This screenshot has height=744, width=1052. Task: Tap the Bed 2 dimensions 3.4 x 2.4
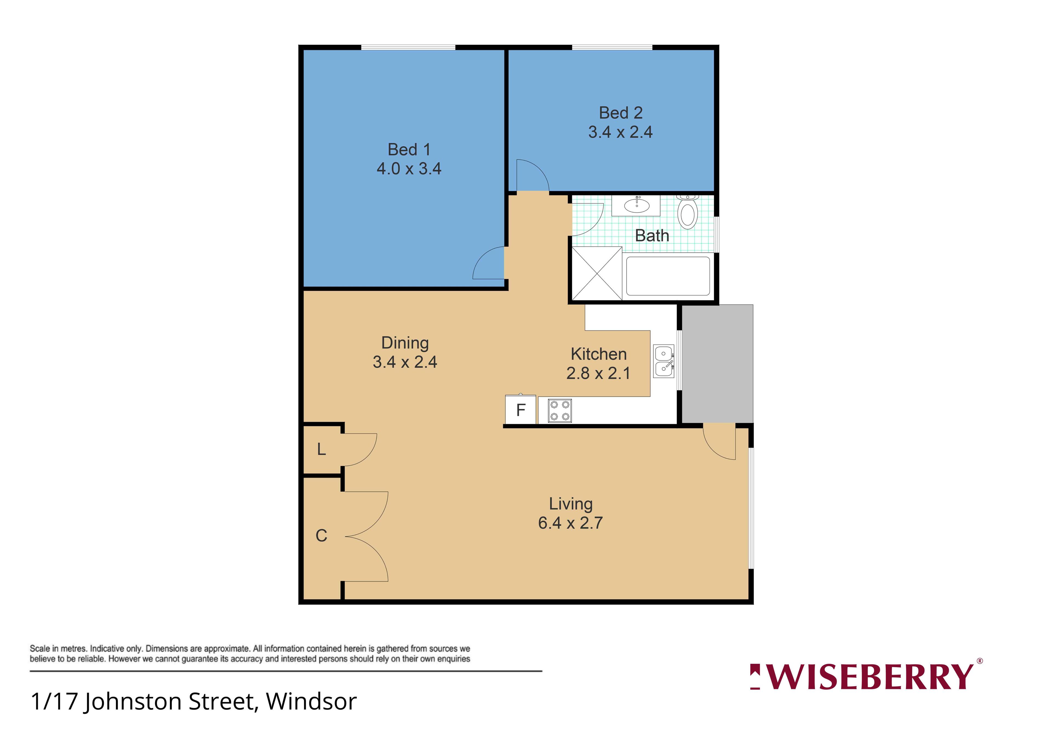[x=621, y=132]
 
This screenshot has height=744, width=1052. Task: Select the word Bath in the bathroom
[x=652, y=236]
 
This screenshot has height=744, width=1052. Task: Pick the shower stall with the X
[x=597, y=273]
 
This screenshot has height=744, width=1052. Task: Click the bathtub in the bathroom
[x=668, y=276]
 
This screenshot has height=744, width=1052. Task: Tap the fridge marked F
[x=521, y=409]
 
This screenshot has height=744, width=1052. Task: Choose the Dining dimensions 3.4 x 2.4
[x=405, y=362]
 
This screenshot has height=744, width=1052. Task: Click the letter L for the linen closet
[x=322, y=449]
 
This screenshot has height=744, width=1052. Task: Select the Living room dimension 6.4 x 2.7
[x=570, y=523]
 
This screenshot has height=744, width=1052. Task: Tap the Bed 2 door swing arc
[x=541, y=168]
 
